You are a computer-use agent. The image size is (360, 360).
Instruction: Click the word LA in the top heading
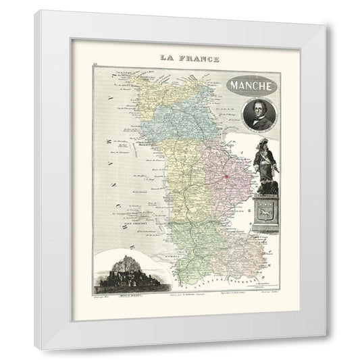168,58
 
